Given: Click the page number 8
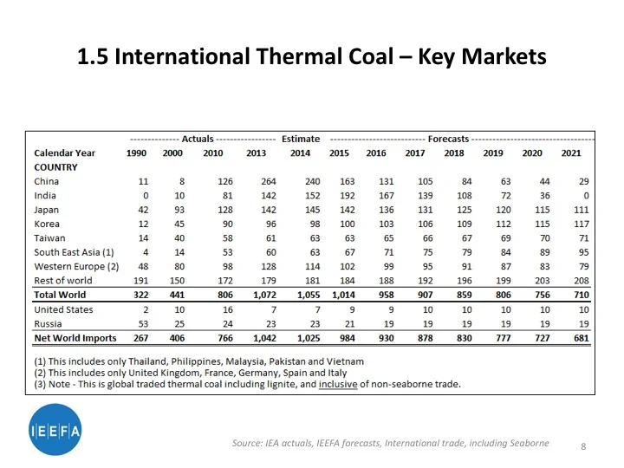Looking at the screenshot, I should tap(583, 446).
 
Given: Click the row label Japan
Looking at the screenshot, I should tap(46, 210).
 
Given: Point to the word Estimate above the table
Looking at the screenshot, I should tap(301, 139).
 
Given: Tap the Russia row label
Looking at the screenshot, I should tap(49, 323).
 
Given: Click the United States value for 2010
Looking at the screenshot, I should tap(228, 309).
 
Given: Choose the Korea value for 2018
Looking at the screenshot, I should tap(454, 224).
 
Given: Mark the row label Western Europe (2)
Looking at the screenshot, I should tap(76, 266).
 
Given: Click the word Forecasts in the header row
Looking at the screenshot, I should tap(448, 139).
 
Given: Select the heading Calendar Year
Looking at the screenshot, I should tap(65, 153).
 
